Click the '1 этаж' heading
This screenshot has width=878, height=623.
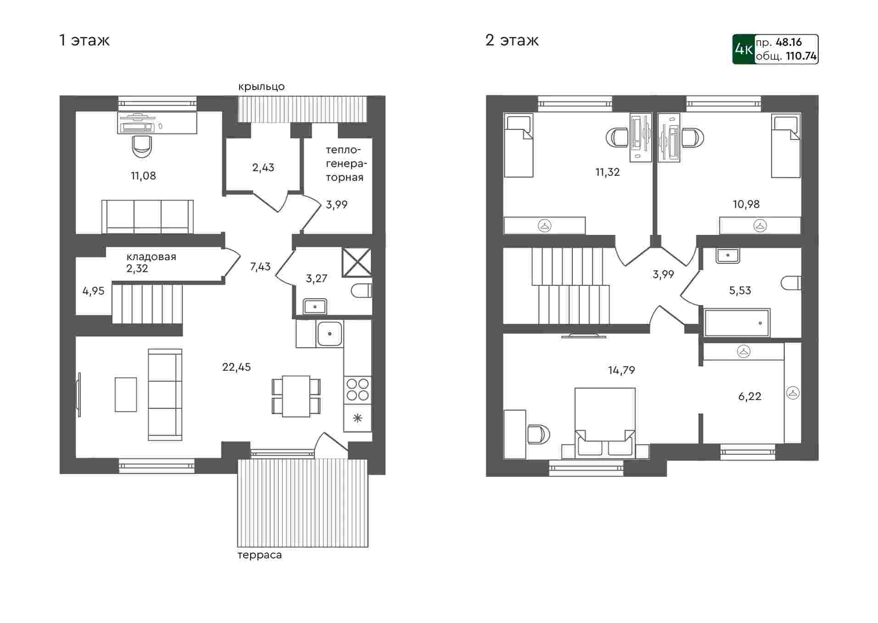[x=84, y=40]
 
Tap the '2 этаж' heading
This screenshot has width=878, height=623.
[x=512, y=40]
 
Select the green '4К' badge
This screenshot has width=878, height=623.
[x=744, y=49]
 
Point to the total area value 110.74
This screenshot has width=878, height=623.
[x=801, y=56]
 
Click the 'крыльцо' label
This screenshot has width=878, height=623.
[x=262, y=87]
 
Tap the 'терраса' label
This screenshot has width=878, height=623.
[x=259, y=555]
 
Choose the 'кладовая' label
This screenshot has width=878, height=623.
[x=151, y=256]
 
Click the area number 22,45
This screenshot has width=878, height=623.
[x=236, y=367]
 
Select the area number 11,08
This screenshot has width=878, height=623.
[x=143, y=176]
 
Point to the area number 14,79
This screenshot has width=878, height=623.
[x=621, y=370]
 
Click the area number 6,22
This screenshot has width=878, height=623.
[x=749, y=396]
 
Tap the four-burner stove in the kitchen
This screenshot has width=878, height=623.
[x=358, y=389]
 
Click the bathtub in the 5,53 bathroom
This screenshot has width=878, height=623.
[x=737, y=323]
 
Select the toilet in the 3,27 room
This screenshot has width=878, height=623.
[x=362, y=290]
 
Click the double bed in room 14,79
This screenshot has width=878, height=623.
[x=605, y=423]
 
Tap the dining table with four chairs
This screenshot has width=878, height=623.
[x=296, y=396]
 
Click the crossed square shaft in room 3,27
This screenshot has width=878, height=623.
[x=357, y=262]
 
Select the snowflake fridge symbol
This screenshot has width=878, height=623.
[x=358, y=418]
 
